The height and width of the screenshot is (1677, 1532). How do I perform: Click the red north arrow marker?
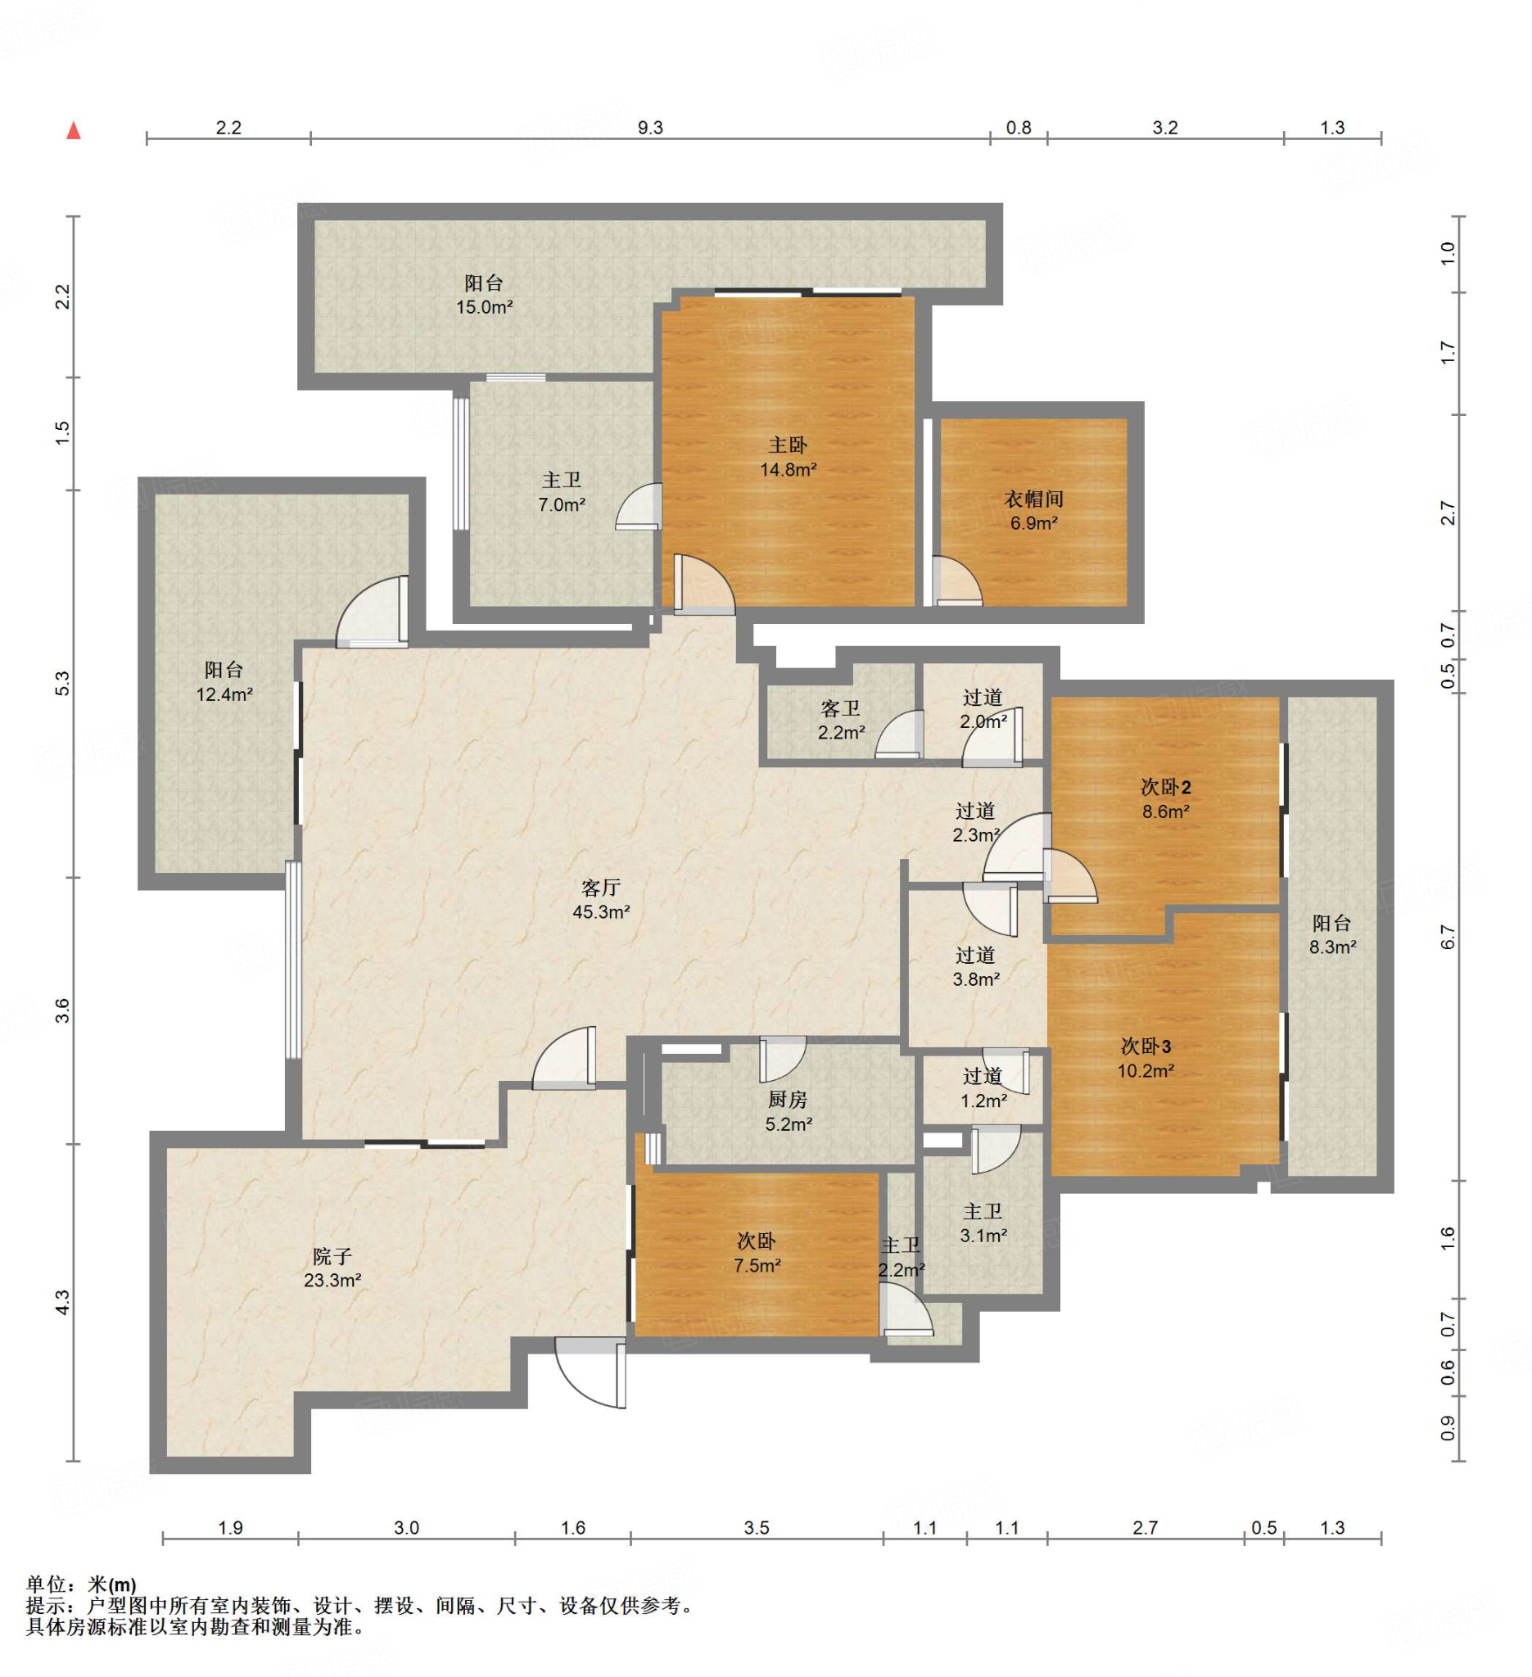74,129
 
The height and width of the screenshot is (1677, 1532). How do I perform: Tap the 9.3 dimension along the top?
649,127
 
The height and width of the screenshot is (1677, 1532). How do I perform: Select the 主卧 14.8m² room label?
788,457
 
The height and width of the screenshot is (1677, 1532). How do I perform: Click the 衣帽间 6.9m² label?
1033,511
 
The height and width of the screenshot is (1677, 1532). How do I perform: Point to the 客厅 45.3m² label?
600,899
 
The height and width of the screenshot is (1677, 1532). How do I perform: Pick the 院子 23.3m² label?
332,1268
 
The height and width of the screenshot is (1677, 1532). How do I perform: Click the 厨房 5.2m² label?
788,1111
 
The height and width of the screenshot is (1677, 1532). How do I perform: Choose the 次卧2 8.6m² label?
1164,798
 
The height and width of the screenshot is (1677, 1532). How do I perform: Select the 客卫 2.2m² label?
840,720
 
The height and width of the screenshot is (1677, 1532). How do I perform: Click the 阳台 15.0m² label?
483,295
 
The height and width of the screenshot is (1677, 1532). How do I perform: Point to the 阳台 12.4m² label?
224,681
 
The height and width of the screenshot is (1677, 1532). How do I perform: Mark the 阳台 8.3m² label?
1331,934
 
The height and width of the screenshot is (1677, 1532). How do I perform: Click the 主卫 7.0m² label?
562,491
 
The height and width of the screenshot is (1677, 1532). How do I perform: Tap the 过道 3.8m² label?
974,966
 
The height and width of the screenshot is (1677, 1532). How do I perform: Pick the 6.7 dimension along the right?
1448,938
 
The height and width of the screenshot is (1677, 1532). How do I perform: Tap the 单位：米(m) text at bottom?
81,1584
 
